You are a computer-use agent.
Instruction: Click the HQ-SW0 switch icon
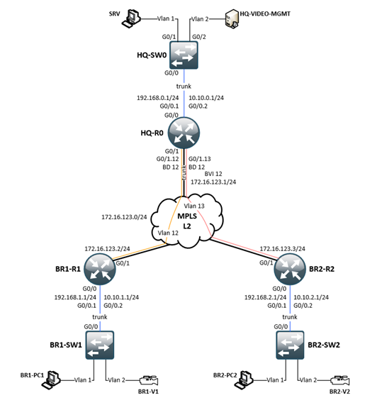click(x=184, y=55)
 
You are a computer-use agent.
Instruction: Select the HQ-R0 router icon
click(x=184, y=132)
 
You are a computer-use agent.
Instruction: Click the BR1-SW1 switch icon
click(x=99, y=347)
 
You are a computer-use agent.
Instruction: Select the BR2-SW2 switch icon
click(x=291, y=347)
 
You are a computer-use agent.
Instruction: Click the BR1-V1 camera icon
click(x=147, y=380)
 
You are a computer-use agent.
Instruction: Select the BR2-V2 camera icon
click(x=337, y=380)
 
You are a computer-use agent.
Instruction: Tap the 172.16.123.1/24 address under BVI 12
click(x=213, y=181)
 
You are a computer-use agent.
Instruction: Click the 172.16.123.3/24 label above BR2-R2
click(x=283, y=249)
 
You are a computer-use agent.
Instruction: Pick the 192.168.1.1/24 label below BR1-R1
click(x=70, y=297)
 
